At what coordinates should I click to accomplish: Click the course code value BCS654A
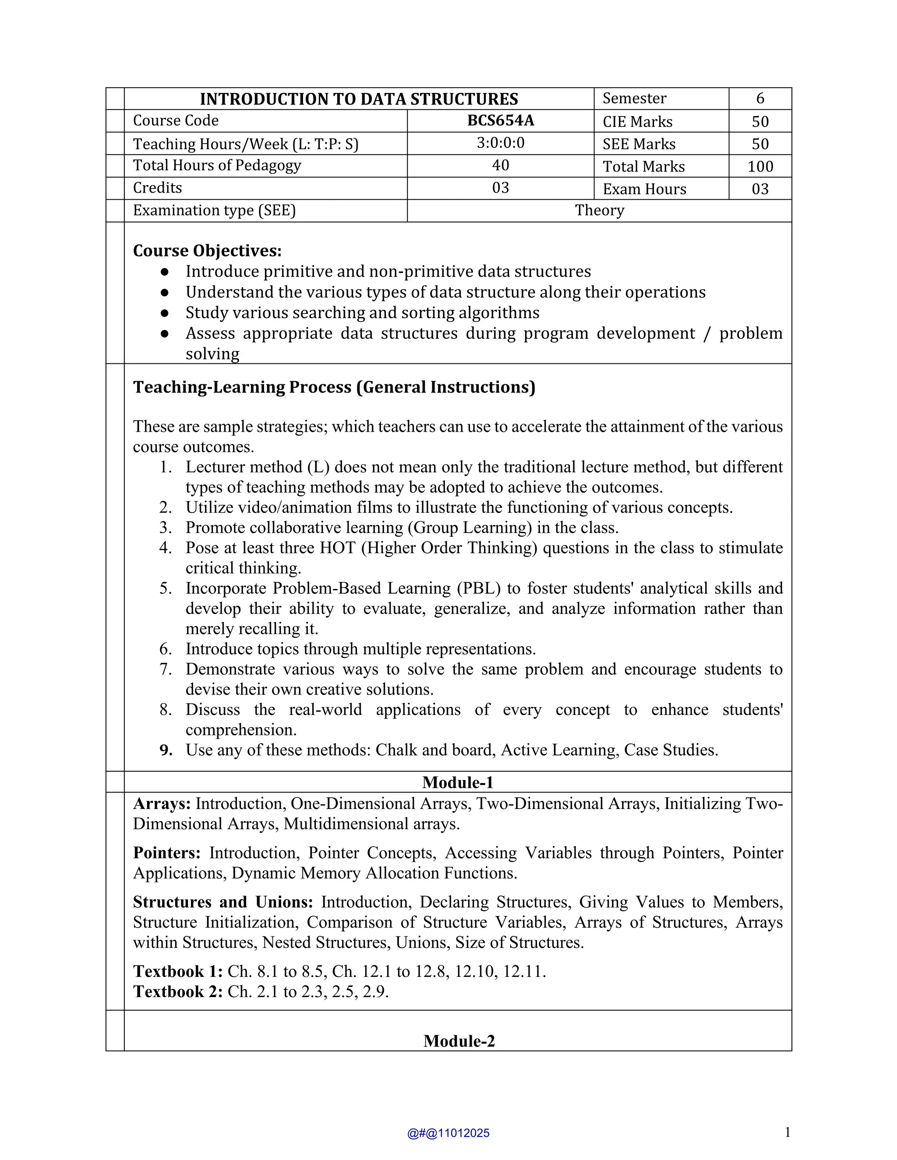[501, 120]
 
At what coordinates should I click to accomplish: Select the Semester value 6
[760, 98]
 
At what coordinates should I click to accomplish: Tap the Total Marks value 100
[760, 167]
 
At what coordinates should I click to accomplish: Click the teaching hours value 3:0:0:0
[501, 143]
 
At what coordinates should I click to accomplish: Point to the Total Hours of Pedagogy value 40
[501, 165]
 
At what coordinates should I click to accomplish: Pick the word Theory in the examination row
[600, 210]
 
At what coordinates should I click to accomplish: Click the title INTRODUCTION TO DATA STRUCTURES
[359, 99]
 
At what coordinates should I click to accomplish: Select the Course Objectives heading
[207, 251]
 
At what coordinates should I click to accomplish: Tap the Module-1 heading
[458, 782]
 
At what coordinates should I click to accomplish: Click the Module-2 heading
[459, 1040]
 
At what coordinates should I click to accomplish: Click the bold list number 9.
[166, 750]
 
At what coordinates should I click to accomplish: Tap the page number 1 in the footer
[787, 1132]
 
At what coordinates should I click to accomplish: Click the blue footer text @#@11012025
[448, 1133]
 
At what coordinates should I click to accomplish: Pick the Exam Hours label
[644, 190]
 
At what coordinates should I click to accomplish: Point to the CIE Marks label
[637, 122]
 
